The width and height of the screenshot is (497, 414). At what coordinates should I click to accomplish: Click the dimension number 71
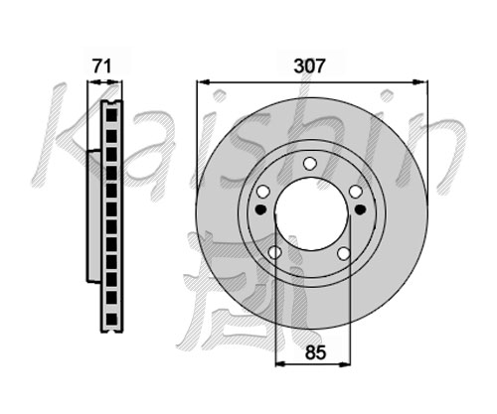(101, 67)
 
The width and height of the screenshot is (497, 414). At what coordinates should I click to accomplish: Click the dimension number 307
(310, 67)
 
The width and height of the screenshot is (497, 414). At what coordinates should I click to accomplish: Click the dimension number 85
(315, 352)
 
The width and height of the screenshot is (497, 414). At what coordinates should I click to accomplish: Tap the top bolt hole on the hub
(310, 164)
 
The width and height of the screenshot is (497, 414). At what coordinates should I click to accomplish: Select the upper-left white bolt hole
(263, 192)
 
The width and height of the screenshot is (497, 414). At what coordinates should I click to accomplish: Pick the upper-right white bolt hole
(355, 192)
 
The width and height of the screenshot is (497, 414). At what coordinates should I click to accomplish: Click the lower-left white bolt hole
(274, 252)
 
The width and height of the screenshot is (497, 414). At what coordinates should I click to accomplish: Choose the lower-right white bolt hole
(344, 253)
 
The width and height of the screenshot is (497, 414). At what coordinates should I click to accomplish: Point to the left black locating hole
(261, 209)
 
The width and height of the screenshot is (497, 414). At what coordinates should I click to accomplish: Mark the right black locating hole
(360, 209)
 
